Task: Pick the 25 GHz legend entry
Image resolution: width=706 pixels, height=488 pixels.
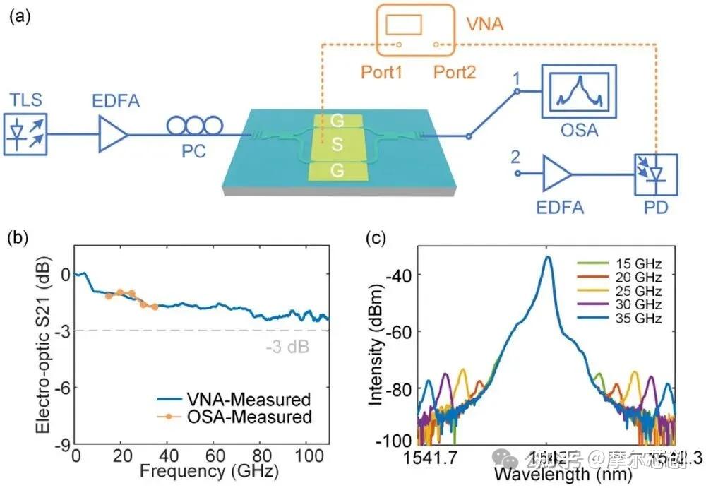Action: [637, 291]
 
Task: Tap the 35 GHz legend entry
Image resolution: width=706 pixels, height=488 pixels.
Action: [637, 318]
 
